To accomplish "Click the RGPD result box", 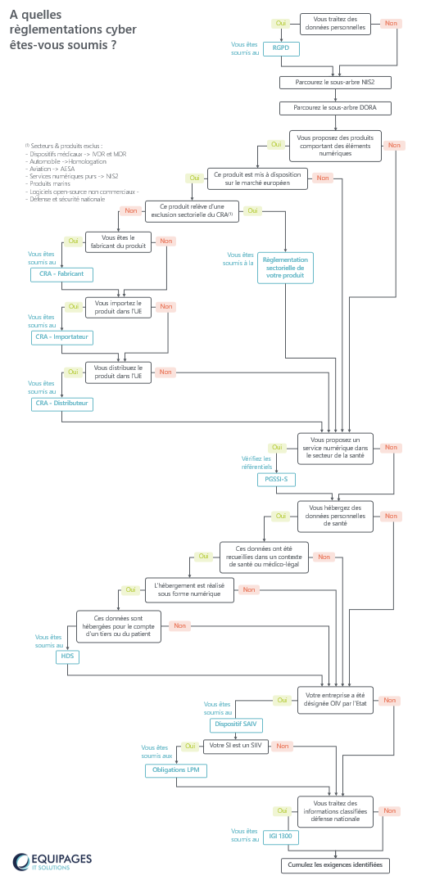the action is (281, 49).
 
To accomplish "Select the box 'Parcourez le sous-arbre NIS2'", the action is (335, 82).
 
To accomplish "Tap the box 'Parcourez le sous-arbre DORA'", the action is (335, 107).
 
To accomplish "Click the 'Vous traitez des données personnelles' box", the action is (335, 24).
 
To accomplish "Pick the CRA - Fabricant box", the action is (61, 274).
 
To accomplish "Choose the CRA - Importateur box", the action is (61, 337).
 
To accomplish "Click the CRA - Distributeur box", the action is (61, 404).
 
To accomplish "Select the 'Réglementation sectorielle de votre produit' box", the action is (285, 268).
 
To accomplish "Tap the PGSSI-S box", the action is (276, 479).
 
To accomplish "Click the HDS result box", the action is (67, 657).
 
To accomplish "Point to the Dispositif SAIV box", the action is (236, 724).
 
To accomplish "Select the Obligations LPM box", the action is (175, 770).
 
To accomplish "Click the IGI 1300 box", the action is (281, 837).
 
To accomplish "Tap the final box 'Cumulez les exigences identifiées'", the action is (335, 865).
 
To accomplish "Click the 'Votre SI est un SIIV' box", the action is (236, 746).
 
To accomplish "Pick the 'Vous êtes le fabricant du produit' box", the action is (119, 241).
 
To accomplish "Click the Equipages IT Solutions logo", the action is (52, 861).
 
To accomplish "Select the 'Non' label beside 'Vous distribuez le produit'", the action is (165, 372).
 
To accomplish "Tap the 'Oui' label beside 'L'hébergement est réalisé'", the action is (131, 589).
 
